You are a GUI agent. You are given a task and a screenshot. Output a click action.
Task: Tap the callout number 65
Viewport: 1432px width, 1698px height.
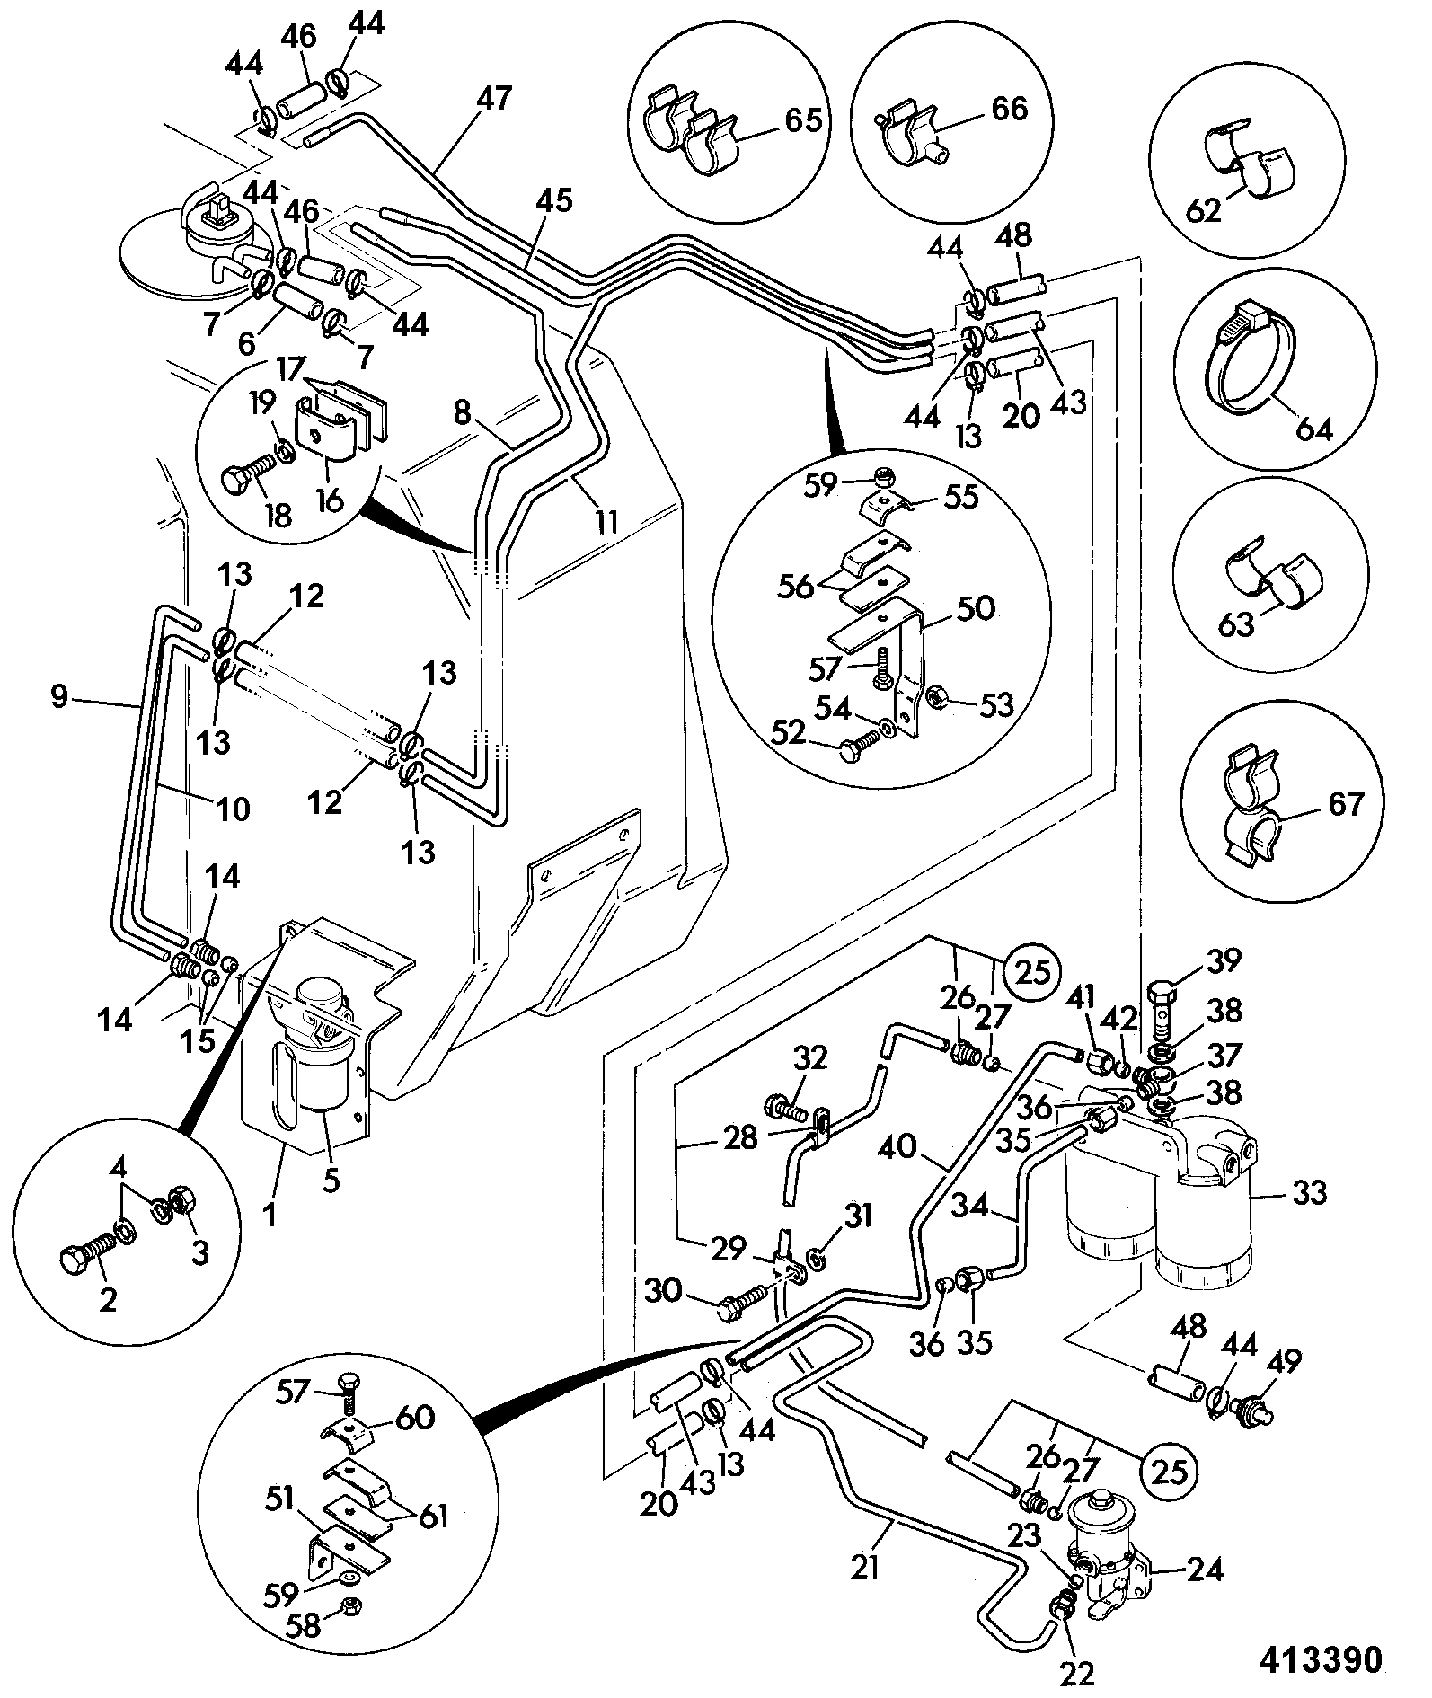coord(803,120)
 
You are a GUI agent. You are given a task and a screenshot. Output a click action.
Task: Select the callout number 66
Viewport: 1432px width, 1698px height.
coord(1008,109)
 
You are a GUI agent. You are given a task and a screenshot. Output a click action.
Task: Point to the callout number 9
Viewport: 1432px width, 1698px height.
coord(59,696)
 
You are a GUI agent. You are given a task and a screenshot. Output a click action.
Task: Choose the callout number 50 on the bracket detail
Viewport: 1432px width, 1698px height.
coord(977,608)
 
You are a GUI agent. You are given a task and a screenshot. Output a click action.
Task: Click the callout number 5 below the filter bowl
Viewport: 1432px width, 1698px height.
coord(331,1180)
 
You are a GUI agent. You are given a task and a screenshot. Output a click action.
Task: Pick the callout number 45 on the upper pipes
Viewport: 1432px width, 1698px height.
coord(554,199)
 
